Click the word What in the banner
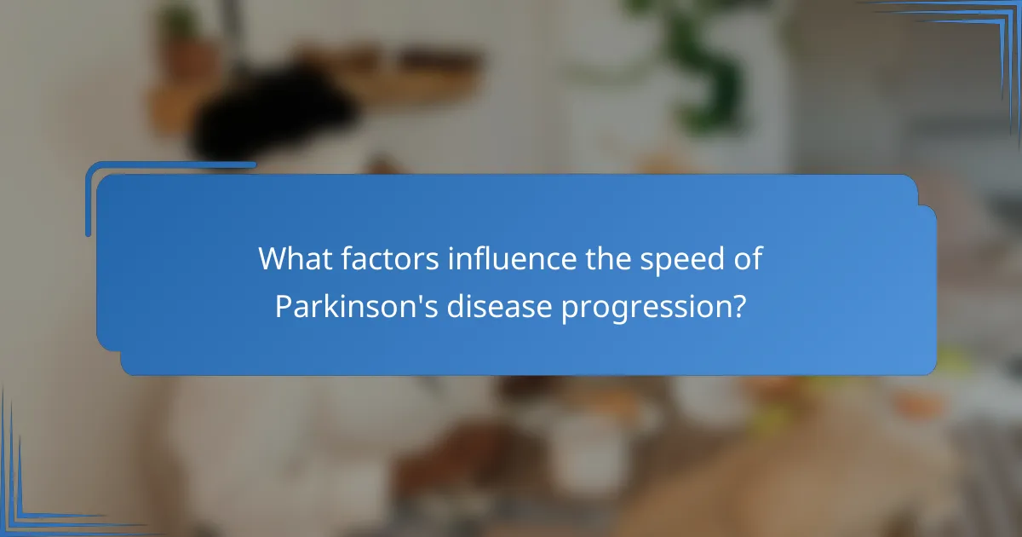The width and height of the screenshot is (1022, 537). coord(295,257)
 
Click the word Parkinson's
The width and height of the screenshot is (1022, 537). coord(351,305)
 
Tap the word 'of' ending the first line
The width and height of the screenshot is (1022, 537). coord(747,257)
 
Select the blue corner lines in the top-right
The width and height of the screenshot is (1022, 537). coord(979,34)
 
